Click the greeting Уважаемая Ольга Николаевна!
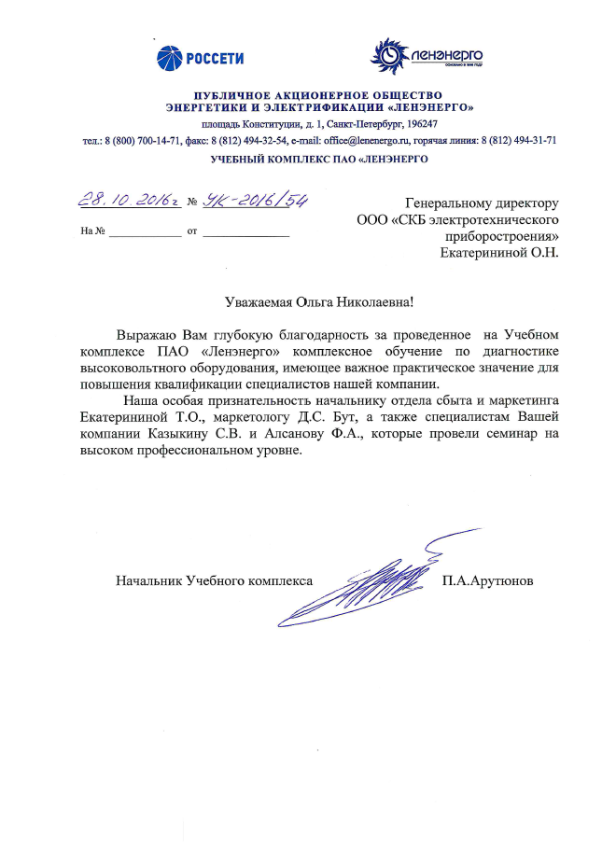318,301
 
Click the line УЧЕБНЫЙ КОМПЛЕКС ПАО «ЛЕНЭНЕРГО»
319,160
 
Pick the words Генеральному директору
482,202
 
